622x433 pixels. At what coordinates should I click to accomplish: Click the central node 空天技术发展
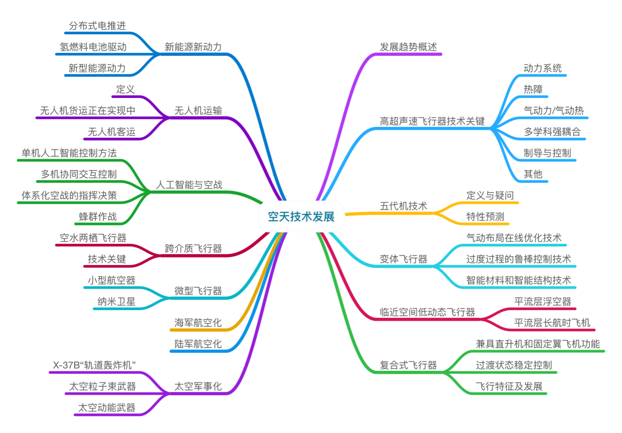click(301, 216)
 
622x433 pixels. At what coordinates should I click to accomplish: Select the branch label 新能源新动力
click(193, 47)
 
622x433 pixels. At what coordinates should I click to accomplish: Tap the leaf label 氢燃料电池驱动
click(93, 47)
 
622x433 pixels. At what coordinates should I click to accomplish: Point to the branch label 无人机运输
click(198, 111)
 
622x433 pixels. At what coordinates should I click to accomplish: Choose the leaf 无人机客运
click(111, 132)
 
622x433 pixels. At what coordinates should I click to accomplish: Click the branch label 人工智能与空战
click(189, 185)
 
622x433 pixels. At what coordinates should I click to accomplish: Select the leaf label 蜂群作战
click(98, 216)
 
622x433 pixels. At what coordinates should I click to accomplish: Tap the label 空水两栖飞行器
click(93, 238)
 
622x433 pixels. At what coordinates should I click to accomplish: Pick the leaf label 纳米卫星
click(116, 301)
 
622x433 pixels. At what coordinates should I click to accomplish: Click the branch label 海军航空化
click(198, 323)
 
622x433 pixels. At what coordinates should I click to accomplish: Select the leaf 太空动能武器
click(106, 407)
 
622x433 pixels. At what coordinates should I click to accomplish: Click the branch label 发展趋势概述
click(408, 47)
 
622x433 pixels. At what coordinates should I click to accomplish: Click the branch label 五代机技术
click(404, 206)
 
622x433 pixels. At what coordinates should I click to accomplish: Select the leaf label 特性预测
click(485, 216)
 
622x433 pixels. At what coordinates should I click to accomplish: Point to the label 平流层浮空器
click(543, 301)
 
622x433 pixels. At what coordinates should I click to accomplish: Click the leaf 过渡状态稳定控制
click(514, 365)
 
